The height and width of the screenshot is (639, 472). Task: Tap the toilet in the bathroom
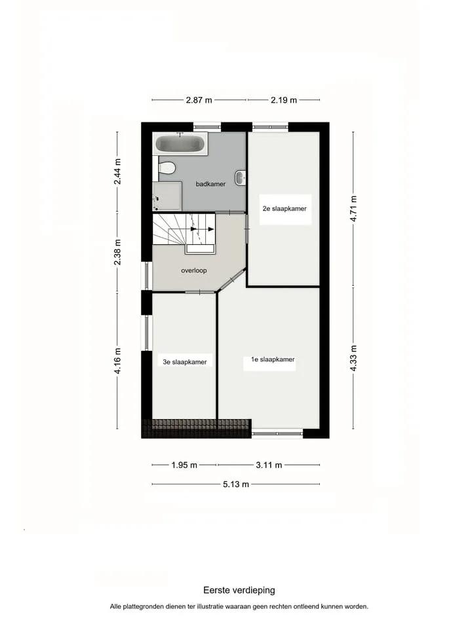[x=166, y=167]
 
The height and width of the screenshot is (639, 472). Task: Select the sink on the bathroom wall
[x=241, y=177]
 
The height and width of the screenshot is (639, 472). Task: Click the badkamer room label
[x=210, y=184]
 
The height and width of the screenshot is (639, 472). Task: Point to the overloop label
[x=194, y=270]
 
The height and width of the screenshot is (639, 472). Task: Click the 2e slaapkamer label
[x=285, y=209]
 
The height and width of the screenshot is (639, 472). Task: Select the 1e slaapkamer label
[x=273, y=359]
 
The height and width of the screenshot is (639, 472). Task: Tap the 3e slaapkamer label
[x=185, y=362]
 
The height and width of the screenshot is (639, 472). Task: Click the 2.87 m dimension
[x=199, y=100]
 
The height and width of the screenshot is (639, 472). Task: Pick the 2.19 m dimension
[x=283, y=100]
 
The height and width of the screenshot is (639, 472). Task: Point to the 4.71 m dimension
[x=354, y=209]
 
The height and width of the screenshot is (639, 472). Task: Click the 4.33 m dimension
[x=354, y=358]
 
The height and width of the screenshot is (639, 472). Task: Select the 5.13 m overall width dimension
[x=236, y=484]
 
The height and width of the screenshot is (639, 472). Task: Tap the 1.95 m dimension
[x=184, y=465]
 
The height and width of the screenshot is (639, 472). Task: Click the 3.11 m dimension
[x=269, y=465]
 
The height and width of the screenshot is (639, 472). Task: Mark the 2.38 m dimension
[x=117, y=252]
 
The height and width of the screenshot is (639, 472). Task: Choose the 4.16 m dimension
[x=117, y=361]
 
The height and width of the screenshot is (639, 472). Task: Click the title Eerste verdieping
[x=239, y=590]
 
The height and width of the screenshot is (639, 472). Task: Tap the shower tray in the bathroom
[x=167, y=197]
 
